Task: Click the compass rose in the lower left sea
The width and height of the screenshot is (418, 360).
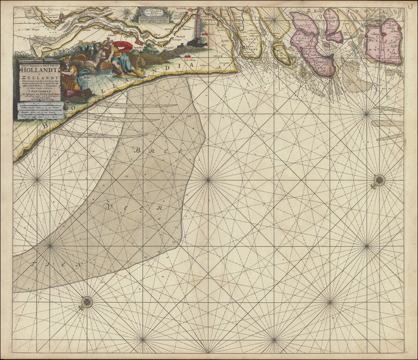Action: click(x=87, y=301)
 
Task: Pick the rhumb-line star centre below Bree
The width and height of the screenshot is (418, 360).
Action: click(x=207, y=178)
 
